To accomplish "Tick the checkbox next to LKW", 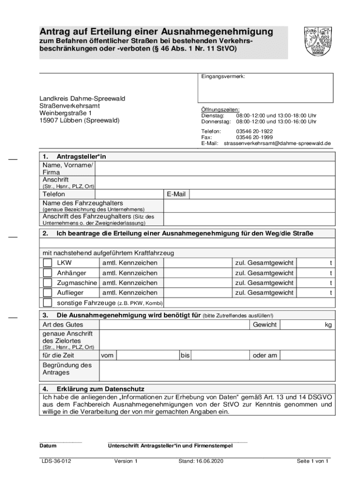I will click(x=47, y=263).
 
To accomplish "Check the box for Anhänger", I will click(x=47, y=273).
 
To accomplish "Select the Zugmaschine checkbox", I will click(x=47, y=283).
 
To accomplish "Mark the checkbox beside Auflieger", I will click(x=47, y=292).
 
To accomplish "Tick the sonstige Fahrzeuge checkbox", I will click(x=47, y=303).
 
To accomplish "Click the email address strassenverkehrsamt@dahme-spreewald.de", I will click(x=277, y=143).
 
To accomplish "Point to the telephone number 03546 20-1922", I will click(x=254, y=131).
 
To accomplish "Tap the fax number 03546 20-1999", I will click(x=254, y=138).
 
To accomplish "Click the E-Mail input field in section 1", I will click(x=262, y=194).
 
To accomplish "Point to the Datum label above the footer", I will click(x=48, y=446).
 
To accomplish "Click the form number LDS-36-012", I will click(x=56, y=461).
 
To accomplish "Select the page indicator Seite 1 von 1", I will click(x=313, y=461).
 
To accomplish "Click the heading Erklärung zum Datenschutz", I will click(x=100, y=389).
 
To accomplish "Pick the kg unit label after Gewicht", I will click(x=328, y=325).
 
